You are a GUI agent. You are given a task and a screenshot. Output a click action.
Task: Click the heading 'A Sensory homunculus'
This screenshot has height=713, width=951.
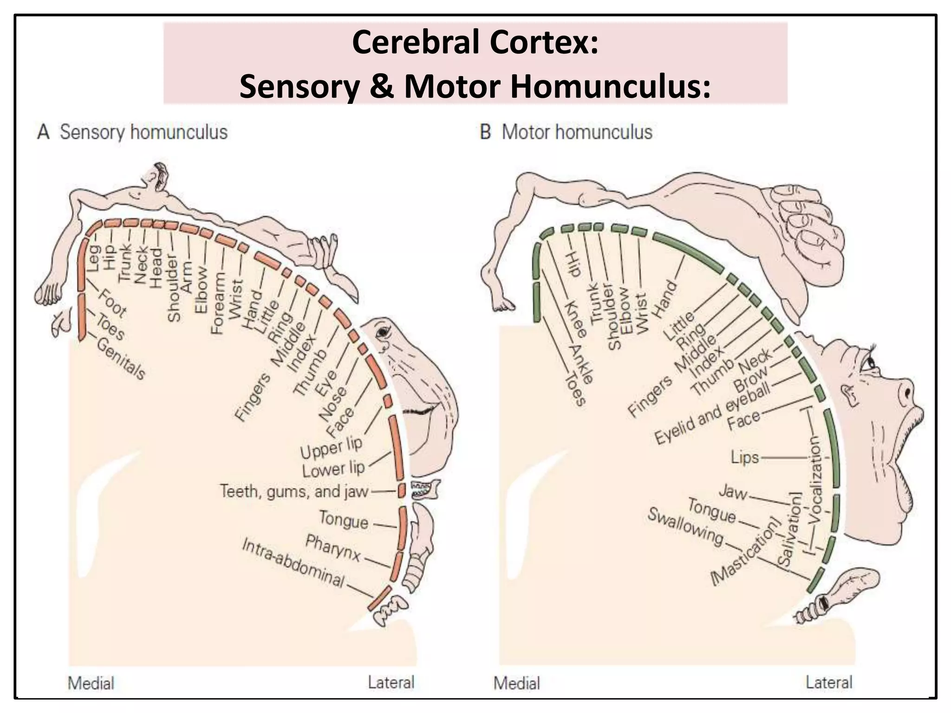(132, 132)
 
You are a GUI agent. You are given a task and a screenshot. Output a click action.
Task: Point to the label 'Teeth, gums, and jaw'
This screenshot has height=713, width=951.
(294, 491)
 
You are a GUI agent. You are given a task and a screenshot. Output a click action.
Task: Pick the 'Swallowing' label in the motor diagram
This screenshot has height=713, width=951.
(685, 527)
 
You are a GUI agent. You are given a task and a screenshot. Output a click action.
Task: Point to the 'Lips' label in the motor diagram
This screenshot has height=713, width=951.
(745, 457)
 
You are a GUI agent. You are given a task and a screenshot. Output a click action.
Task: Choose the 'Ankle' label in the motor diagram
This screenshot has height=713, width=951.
(581, 364)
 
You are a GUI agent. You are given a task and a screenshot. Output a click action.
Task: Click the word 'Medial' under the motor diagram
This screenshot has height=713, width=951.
(517, 683)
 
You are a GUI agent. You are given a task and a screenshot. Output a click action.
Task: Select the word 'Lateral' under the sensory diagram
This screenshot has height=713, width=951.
(391, 682)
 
